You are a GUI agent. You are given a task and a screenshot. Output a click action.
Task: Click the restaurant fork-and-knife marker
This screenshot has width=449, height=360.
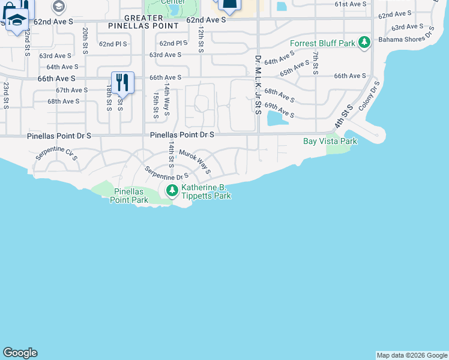coord(122,83)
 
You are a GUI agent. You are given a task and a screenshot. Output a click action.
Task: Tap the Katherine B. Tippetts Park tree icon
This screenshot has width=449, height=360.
coord(172,191)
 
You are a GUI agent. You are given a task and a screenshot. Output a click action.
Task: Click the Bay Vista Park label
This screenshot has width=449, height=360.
coord(330,141)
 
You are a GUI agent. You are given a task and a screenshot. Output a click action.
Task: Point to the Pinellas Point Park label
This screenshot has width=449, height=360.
coord(129,196)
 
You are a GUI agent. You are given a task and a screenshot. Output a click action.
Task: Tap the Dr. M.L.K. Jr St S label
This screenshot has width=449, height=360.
coord(258,85)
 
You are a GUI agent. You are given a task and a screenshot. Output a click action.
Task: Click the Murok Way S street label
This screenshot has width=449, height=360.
coord(195,161)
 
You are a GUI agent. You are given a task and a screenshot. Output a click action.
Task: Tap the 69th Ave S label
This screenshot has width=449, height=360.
coord(280,110)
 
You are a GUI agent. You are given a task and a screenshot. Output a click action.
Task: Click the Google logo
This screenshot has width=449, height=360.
coord(20,353)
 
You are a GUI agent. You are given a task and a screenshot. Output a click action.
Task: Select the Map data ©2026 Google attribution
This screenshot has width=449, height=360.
coord(412,355)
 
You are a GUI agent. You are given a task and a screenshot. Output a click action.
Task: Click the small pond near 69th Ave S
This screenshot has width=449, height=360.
coord(277,118)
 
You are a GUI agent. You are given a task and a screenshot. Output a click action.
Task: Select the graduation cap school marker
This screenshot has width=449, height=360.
coord(17,20)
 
